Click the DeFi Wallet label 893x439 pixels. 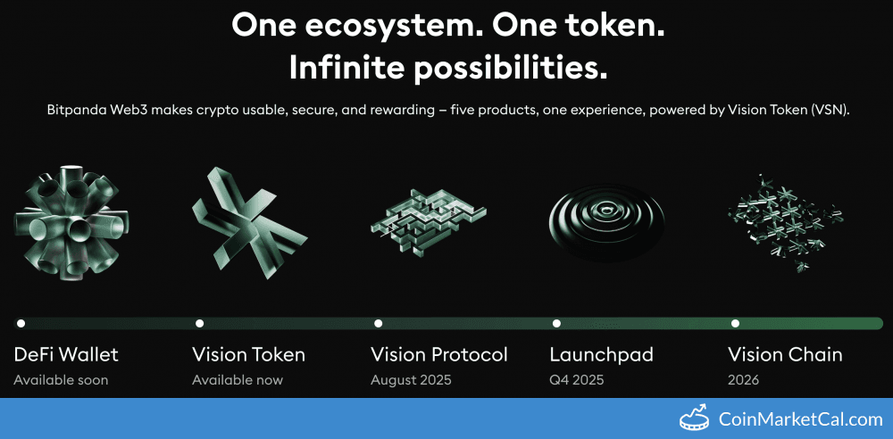point(66,354)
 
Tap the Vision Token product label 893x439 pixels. point(248,354)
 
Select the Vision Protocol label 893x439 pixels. point(438,354)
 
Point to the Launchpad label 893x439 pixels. point(601,354)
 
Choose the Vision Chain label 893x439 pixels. point(785,354)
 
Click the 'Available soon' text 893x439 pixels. point(61,380)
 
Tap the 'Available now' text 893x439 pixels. point(237,380)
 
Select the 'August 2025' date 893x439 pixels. point(411,380)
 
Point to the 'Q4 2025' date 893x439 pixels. point(576,380)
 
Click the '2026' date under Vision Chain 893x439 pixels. point(743,380)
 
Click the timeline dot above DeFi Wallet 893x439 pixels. point(21,323)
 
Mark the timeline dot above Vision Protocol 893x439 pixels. point(378,323)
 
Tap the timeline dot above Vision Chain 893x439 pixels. point(735,323)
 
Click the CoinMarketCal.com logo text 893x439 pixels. point(798,418)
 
